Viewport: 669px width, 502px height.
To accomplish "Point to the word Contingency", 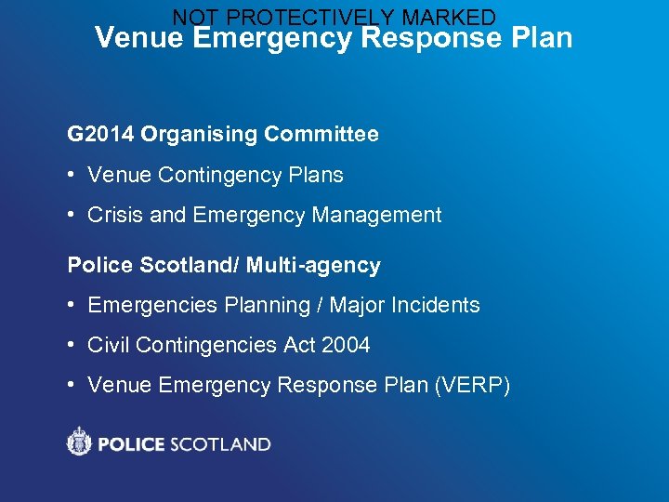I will pos(217,176).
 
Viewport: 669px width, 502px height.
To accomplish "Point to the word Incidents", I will pos(436,306).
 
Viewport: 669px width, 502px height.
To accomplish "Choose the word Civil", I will pos(109,346).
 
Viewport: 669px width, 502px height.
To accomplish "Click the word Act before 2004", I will pos(299,346).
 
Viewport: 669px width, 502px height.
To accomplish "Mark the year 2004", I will pos(346,346).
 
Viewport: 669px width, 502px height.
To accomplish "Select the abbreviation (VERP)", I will pos(472,386).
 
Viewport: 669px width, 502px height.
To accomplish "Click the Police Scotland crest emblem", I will pos(80,442).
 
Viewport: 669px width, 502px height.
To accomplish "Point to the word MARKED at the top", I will pos(450,18).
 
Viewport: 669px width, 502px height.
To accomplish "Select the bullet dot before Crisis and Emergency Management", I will pos(72,216).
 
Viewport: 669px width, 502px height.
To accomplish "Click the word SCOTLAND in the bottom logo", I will pos(221,444).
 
